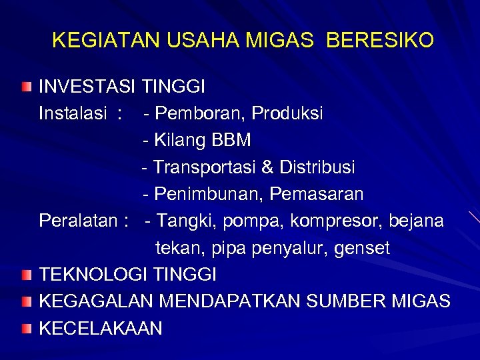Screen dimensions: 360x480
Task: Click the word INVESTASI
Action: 87,87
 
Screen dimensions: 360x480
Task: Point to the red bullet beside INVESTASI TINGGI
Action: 25,87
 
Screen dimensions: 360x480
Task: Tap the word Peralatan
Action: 76,221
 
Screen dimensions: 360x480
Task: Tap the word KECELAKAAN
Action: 100,328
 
